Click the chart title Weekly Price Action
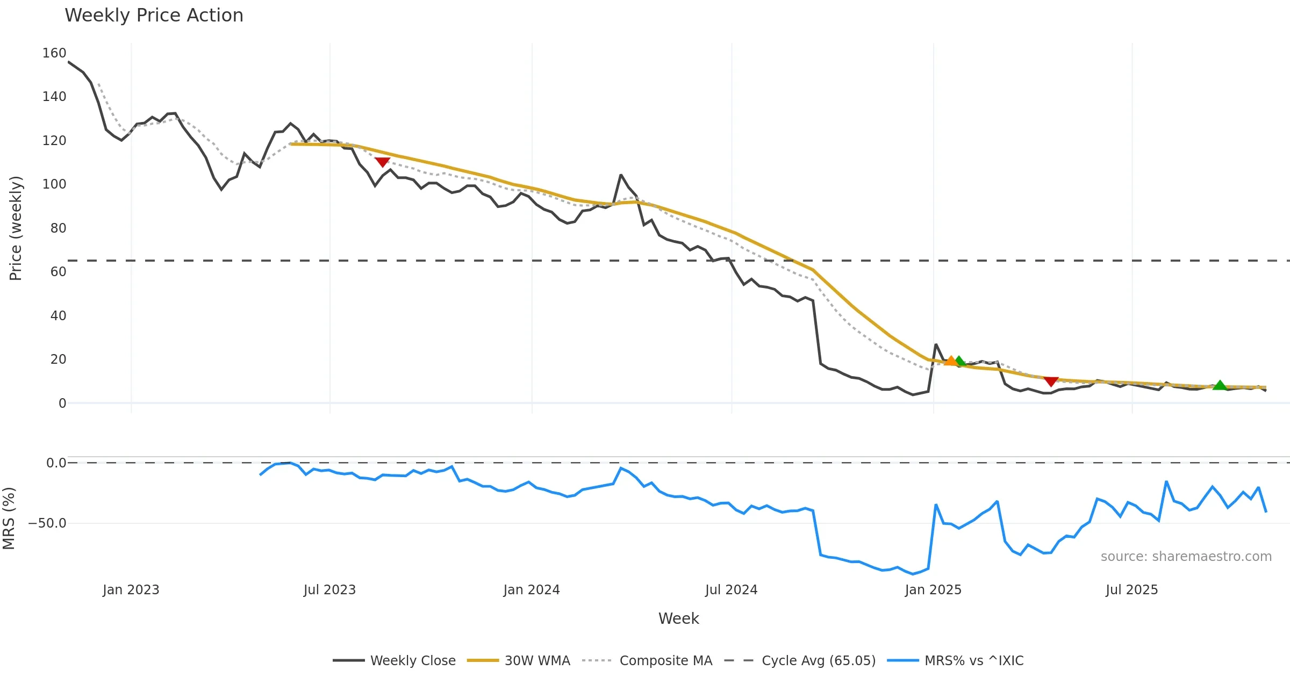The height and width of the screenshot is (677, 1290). [154, 16]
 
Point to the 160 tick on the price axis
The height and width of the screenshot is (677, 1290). [54, 53]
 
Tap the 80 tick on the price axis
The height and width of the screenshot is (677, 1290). [58, 228]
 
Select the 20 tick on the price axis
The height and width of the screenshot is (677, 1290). [58, 359]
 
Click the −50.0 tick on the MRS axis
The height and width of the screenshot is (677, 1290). [47, 523]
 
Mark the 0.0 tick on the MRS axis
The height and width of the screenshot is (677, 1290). [56, 463]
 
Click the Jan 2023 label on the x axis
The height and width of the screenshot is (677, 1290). [131, 590]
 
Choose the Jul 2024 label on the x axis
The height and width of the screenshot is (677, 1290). [731, 590]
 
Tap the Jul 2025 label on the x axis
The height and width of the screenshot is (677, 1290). [1131, 590]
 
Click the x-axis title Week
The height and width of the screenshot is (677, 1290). [678, 619]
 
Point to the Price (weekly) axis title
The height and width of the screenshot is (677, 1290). [16, 228]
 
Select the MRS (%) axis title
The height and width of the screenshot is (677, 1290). [9, 518]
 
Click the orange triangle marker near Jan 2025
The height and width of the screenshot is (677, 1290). [950, 361]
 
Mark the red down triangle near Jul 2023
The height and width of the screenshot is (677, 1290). [382, 162]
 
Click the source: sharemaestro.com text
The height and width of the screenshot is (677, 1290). [1186, 557]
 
